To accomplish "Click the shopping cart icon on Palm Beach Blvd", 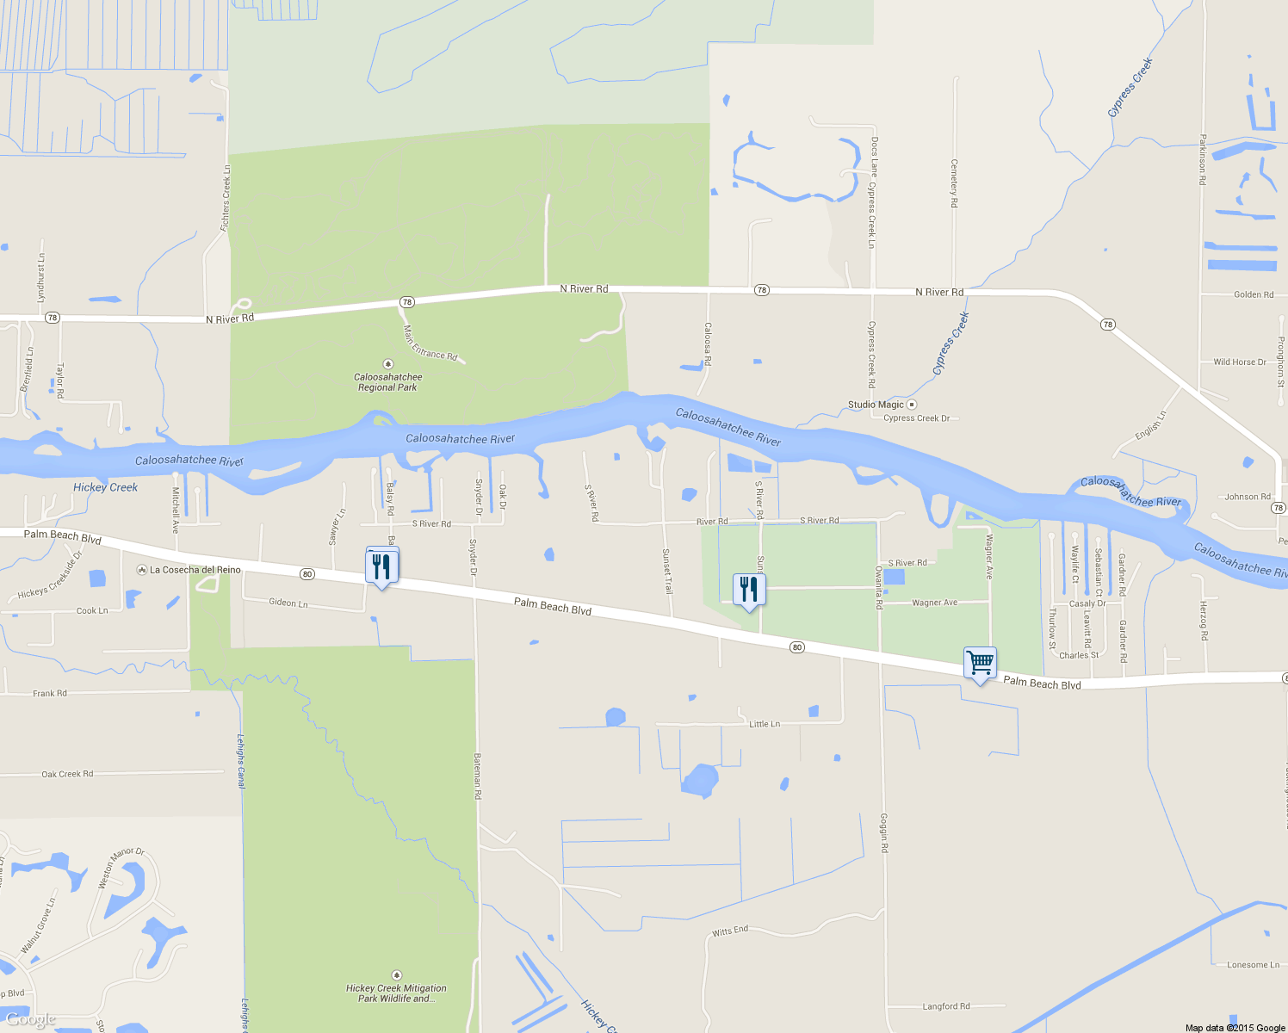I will (x=980, y=664).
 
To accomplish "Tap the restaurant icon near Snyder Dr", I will (x=381, y=566).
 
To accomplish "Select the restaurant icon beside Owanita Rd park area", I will (x=749, y=590).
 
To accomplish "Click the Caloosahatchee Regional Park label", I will (x=387, y=382).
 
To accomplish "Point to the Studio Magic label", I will (x=876, y=405).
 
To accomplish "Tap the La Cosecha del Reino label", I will (x=195, y=570).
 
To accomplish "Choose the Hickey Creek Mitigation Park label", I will (x=396, y=993).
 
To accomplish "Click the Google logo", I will (x=31, y=1020).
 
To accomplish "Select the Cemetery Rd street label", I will (x=954, y=183).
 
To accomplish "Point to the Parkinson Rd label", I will (x=1203, y=159).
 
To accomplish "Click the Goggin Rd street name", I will (x=884, y=832).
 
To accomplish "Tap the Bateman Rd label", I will (x=478, y=776).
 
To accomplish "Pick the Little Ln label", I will (x=765, y=724).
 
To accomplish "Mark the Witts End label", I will (x=730, y=931).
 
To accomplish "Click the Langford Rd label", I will (x=946, y=1006).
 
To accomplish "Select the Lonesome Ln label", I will (x=1253, y=965).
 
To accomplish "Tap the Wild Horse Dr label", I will (x=1240, y=362).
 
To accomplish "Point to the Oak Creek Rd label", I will (x=67, y=774).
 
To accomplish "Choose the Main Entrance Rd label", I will (x=430, y=343).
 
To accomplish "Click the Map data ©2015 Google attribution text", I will (x=1235, y=1028).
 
